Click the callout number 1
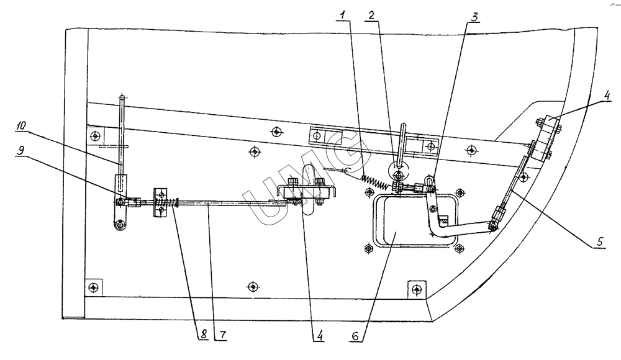[343, 16]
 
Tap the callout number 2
[371, 16]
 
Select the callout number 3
[474, 17]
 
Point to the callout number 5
[600, 241]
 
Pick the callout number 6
[355, 336]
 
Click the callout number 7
[222, 335]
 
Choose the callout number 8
[204, 335]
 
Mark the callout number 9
[20, 150]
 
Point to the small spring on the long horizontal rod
[170, 202]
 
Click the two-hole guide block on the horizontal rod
[160, 202]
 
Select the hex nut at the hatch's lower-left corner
[368, 248]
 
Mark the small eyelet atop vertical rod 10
[122, 97]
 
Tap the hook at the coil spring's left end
[345, 171]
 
